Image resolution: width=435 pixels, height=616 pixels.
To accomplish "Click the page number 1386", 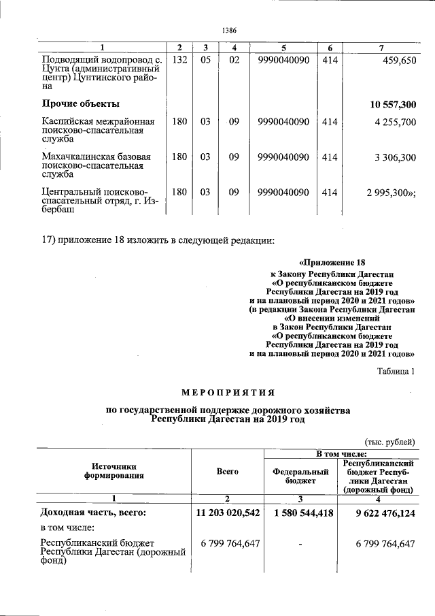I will pyautogui.click(x=229, y=30).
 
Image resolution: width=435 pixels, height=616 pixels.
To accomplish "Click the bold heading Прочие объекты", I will pyautogui.click(x=81, y=104).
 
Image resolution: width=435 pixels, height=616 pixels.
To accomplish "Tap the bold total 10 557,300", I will pyautogui.click(x=393, y=104).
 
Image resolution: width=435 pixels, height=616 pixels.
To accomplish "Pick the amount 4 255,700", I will pyautogui.click(x=394, y=123).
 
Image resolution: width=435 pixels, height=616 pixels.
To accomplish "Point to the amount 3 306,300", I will pyautogui.click(x=394, y=157).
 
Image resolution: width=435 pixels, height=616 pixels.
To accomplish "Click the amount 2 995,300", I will pyautogui.click(x=392, y=192).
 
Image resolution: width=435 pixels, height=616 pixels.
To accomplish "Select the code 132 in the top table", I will pyautogui.click(x=179, y=60).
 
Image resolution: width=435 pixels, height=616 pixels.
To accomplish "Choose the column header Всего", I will pyautogui.click(x=227, y=470).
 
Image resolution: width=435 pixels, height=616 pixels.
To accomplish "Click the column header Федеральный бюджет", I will pyautogui.click(x=300, y=475).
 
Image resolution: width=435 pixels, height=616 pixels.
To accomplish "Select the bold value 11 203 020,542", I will pyautogui.click(x=227, y=513).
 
